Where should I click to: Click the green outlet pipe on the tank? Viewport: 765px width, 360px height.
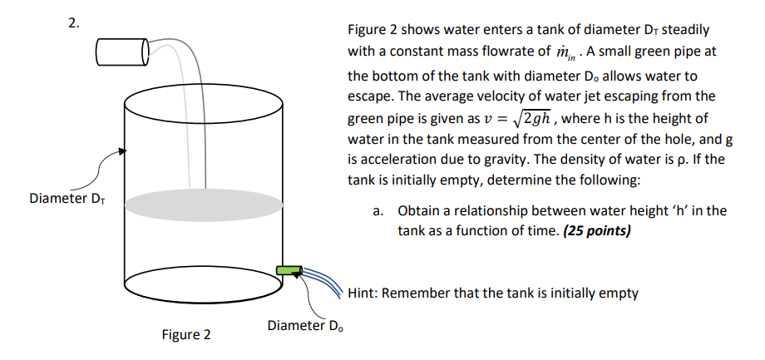pos(288,269)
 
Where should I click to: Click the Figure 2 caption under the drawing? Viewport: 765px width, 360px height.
pos(185,334)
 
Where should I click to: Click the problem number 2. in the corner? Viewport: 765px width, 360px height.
pos(74,22)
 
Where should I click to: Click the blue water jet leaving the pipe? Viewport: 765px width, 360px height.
pos(320,277)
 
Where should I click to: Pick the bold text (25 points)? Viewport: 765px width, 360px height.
pos(597,230)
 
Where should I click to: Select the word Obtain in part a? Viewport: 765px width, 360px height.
pos(420,210)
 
